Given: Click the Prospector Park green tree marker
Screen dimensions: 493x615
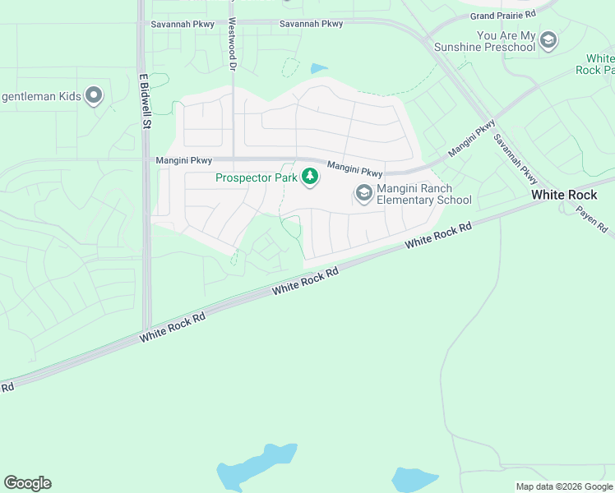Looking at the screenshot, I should click(x=310, y=177).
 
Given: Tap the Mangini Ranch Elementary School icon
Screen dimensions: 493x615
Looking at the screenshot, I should click(x=363, y=194).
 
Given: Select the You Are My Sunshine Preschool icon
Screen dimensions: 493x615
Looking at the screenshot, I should click(x=548, y=39).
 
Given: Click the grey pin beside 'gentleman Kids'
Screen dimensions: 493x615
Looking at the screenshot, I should click(x=95, y=96).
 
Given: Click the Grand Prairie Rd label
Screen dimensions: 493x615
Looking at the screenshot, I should click(x=503, y=16).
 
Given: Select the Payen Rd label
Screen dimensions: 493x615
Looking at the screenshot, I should click(x=590, y=217).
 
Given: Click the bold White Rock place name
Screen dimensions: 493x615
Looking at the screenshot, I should click(x=564, y=195).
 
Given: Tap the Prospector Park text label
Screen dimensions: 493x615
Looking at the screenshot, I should click(x=257, y=177).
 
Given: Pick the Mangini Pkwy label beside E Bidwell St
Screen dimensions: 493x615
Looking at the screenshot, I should click(x=184, y=160).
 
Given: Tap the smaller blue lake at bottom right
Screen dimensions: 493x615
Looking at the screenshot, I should click(x=414, y=479).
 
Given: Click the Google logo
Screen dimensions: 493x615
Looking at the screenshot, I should click(x=27, y=483).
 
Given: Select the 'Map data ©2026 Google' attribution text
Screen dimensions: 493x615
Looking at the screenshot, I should click(x=564, y=486).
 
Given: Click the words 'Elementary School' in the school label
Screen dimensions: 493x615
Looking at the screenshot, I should click(x=424, y=200).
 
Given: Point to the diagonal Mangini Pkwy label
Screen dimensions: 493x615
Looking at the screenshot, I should click(x=472, y=140).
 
